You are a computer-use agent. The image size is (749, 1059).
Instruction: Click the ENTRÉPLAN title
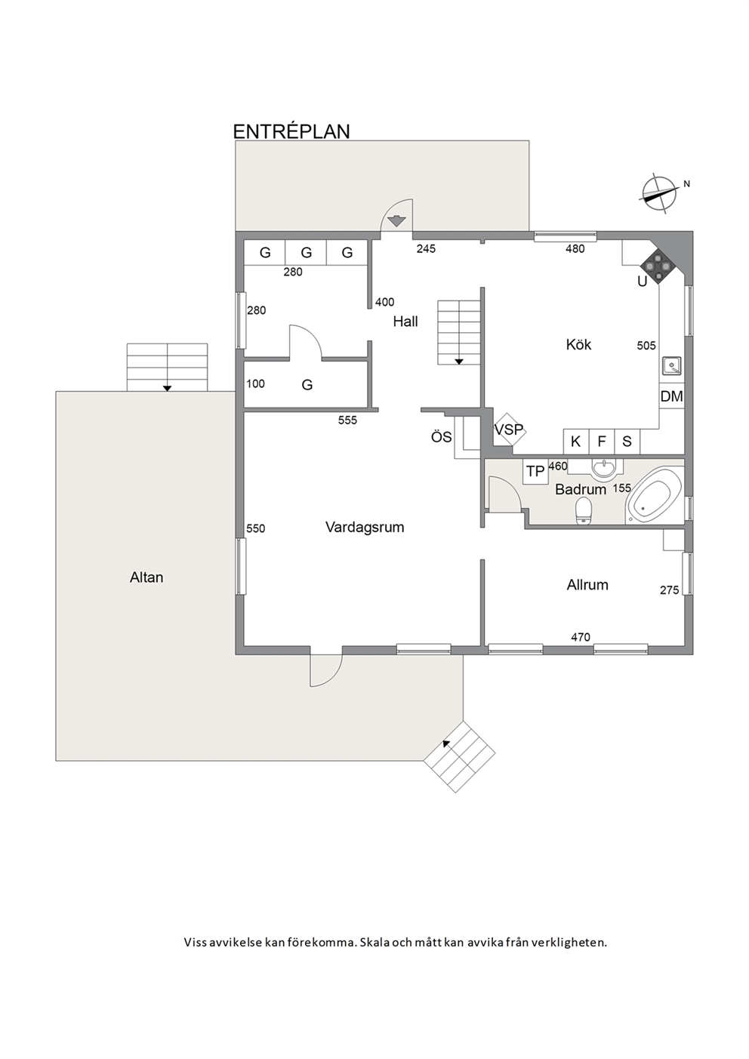coord(291,131)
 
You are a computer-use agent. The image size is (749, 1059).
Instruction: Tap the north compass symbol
coord(658,193)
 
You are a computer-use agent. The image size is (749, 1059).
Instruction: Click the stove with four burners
coord(658,266)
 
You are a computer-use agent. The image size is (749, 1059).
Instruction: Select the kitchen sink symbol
coord(672,365)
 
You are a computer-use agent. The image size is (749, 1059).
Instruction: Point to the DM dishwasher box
coord(671,396)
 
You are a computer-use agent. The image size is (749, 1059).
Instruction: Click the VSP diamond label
coord(509,429)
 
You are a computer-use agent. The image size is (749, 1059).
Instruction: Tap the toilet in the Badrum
coord(584,510)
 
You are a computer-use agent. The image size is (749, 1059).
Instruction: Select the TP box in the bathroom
coord(535,471)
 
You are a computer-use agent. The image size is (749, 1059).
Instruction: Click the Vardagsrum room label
coord(365,527)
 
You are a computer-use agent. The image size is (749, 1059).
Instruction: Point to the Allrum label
coord(587,585)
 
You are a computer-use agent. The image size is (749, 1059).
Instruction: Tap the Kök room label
coord(578,344)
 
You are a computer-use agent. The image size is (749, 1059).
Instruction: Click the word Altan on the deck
coord(146,577)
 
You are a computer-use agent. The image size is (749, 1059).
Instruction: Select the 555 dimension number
coord(347,420)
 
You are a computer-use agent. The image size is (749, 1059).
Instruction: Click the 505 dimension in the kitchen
coord(646,346)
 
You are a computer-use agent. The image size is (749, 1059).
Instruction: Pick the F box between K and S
coord(602,442)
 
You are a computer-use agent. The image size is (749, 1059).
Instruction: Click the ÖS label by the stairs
coord(441,437)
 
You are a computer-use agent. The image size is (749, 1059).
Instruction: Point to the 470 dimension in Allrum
coord(580,637)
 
